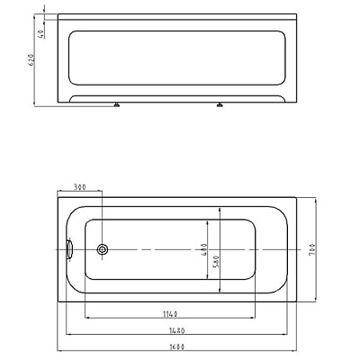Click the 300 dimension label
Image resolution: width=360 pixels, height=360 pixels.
pos(80,187)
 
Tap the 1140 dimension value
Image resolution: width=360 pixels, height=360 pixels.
pos(170,314)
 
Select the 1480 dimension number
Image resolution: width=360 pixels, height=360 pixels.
pos(177,330)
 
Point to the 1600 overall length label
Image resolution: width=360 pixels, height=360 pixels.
pos(176,346)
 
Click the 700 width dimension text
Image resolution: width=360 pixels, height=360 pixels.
pos(311,249)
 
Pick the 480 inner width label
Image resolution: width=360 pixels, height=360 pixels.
pos(203,249)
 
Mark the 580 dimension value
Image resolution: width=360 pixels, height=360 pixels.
pos(217,262)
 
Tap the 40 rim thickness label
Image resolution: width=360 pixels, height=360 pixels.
pos(41,33)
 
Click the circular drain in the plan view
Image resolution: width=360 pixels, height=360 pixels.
pos(103,249)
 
